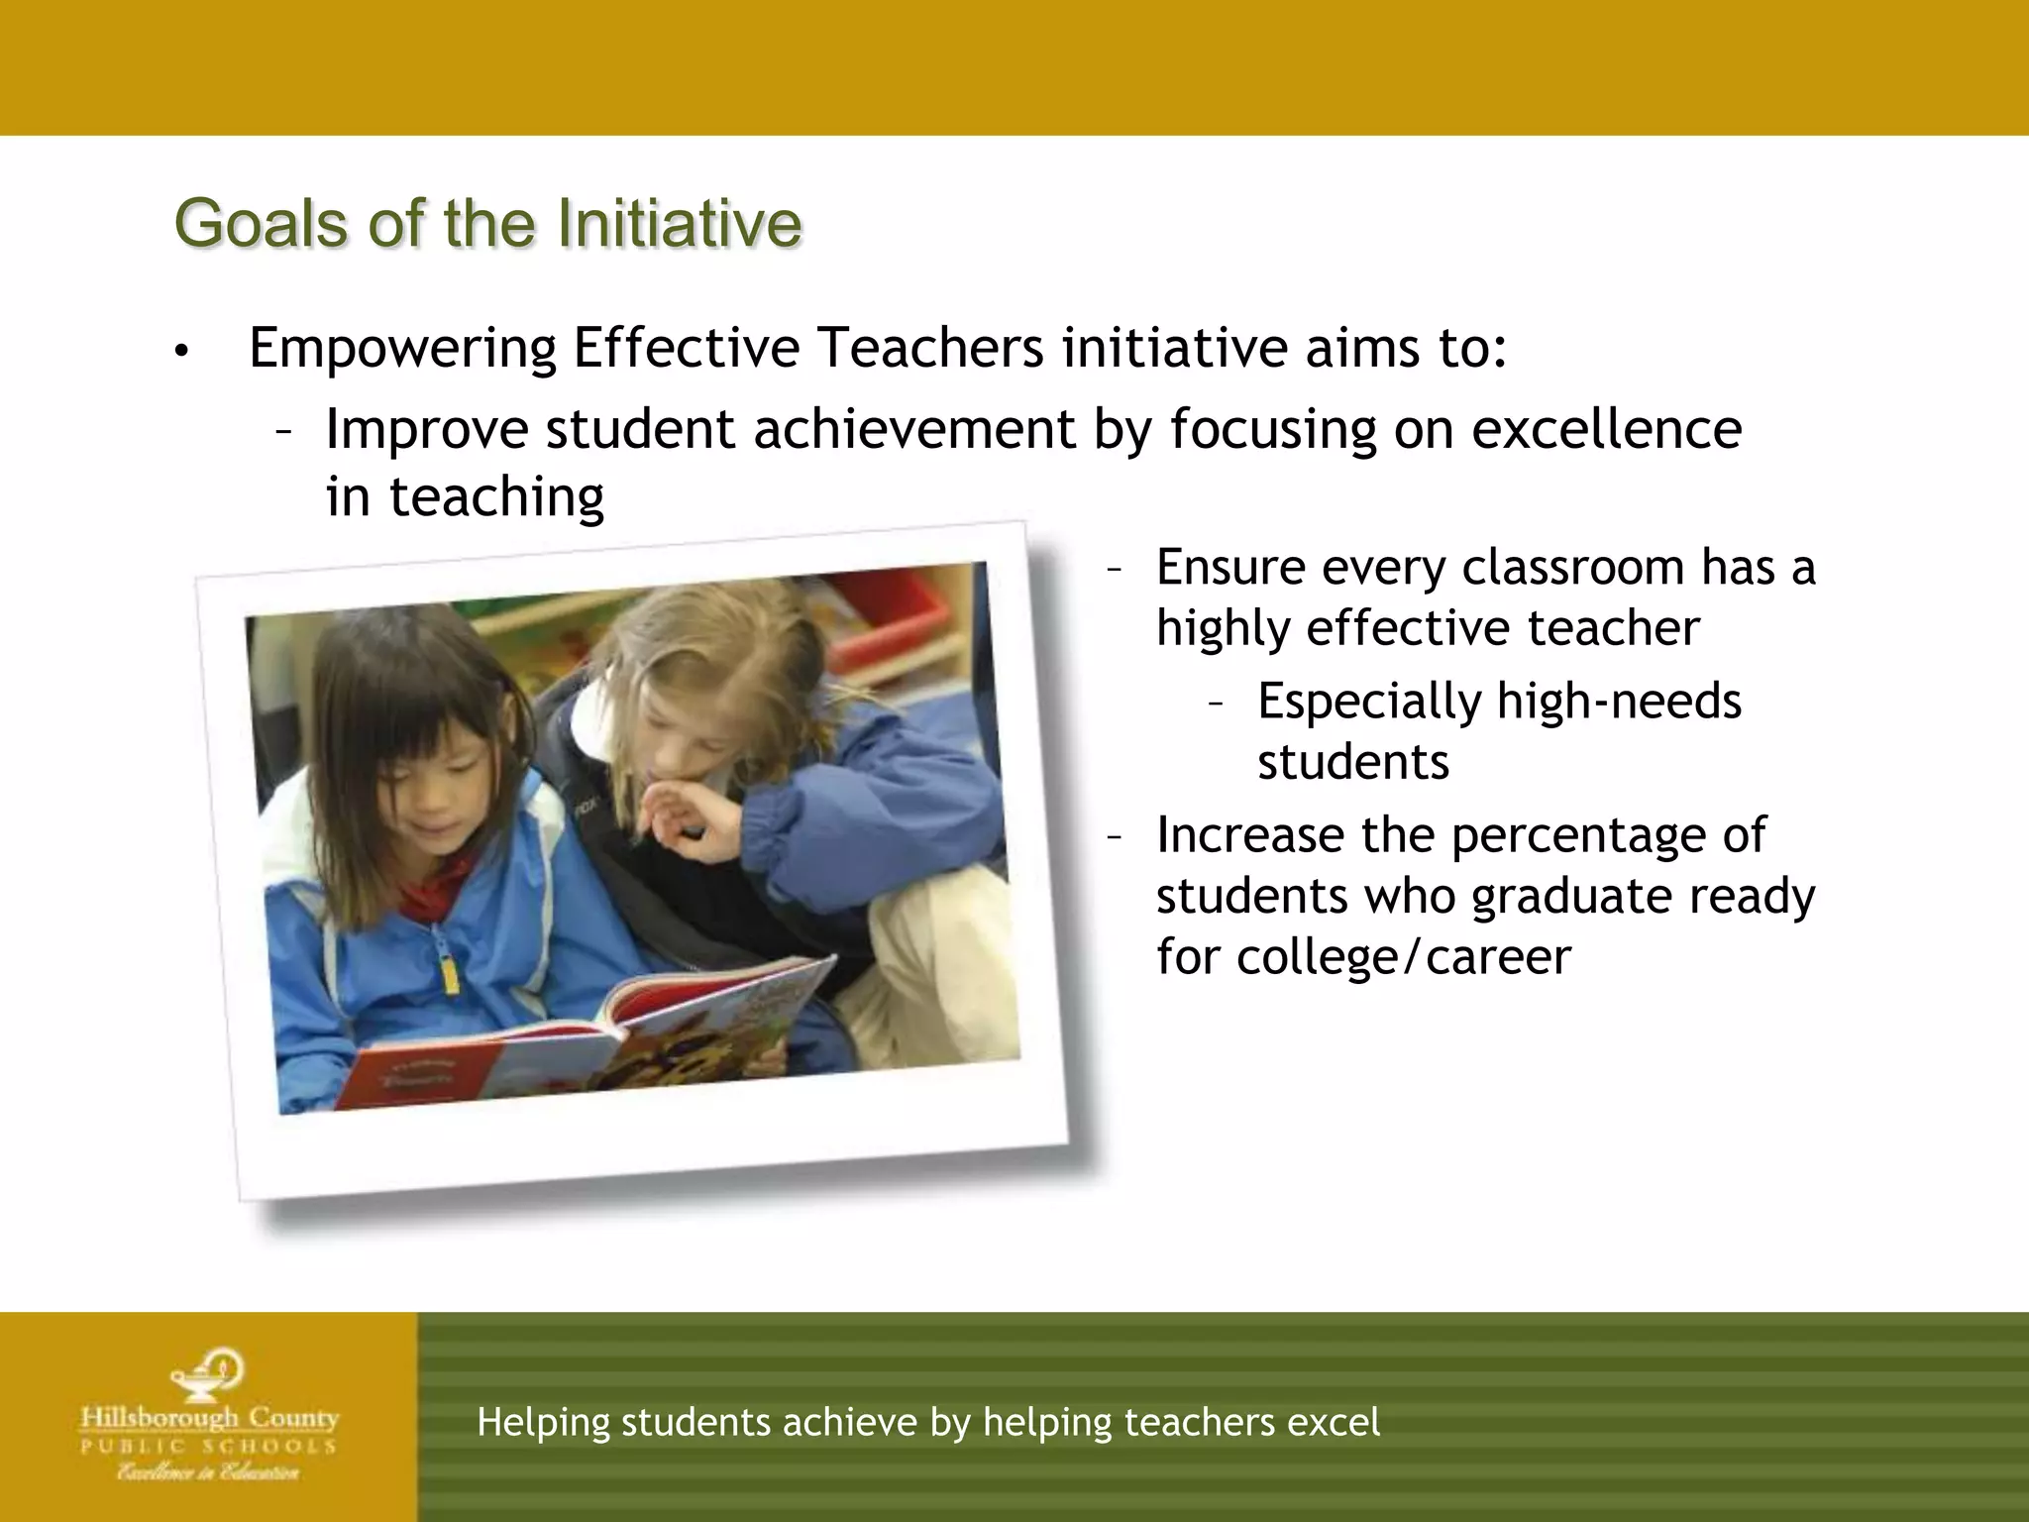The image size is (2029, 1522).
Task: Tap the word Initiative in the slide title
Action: click(x=679, y=224)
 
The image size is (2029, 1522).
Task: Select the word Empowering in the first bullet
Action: click(x=402, y=349)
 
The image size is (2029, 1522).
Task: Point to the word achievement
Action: click(x=913, y=430)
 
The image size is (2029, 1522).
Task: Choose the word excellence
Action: click(x=1606, y=430)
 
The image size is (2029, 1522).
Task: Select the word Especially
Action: click(x=1368, y=703)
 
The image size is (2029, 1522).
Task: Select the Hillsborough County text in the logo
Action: click(x=209, y=1418)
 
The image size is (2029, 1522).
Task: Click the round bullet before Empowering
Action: click(x=179, y=352)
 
